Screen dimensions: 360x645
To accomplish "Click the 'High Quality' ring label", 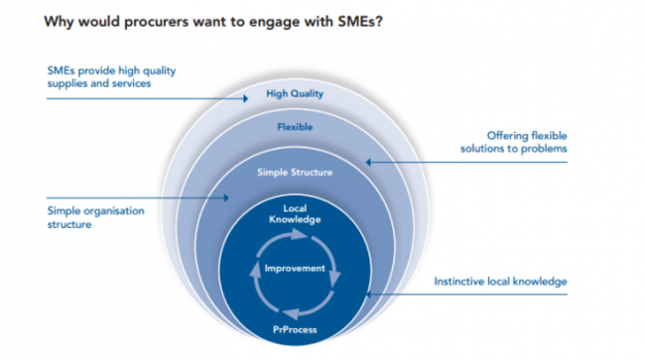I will pyautogui.click(x=295, y=94).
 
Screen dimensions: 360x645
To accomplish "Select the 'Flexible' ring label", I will pyautogui.click(x=295, y=127).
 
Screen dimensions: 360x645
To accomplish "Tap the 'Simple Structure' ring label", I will pyautogui.click(x=295, y=172).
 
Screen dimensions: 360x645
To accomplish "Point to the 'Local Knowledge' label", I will pyautogui.click(x=294, y=213).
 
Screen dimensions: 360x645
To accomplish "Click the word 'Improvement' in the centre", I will pyautogui.click(x=294, y=268).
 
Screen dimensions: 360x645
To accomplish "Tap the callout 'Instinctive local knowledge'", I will pyautogui.click(x=501, y=282).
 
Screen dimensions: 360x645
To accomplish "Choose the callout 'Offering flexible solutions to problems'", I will pyautogui.click(x=512, y=142).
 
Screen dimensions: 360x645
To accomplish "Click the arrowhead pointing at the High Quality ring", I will pyautogui.click(x=247, y=98).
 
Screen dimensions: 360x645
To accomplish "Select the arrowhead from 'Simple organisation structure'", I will pyautogui.click(x=230, y=198).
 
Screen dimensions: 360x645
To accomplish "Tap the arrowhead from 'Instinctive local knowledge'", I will pyautogui.click(x=369, y=295).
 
